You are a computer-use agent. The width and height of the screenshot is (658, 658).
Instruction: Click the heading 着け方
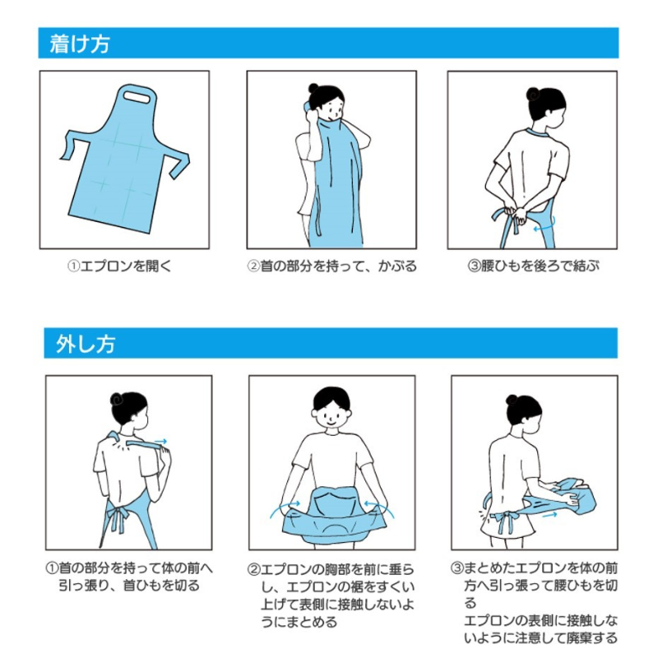click(x=80, y=44)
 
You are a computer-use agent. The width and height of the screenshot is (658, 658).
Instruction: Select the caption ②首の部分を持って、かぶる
click(x=331, y=266)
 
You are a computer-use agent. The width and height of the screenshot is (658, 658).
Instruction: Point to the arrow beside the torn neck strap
click(x=162, y=442)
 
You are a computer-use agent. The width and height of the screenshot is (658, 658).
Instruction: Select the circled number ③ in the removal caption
click(x=457, y=568)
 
